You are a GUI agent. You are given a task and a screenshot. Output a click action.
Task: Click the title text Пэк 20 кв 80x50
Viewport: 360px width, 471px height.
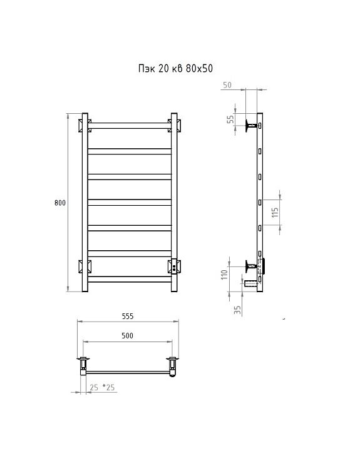click(175, 69)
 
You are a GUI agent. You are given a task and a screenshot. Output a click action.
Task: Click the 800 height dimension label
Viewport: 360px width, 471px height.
click(60, 203)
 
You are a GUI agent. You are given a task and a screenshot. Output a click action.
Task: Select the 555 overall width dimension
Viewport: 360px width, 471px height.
click(128, 317)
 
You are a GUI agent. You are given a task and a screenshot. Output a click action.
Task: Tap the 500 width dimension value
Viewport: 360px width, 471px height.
click(127, 335)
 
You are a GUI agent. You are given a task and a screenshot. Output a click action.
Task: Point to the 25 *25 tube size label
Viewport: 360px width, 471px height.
click(102, 387)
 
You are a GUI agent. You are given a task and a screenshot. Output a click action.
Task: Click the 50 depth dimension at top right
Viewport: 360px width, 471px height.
click(227, 85)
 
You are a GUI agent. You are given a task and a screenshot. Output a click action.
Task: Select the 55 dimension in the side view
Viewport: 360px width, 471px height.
click(230, 119)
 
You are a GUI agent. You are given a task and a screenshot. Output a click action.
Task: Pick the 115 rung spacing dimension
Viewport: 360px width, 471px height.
click(275, 213)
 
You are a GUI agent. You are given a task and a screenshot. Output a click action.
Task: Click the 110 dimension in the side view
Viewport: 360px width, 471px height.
click(224, 275)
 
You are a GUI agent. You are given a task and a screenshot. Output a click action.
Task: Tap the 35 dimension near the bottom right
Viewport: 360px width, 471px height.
click(237, 310)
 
